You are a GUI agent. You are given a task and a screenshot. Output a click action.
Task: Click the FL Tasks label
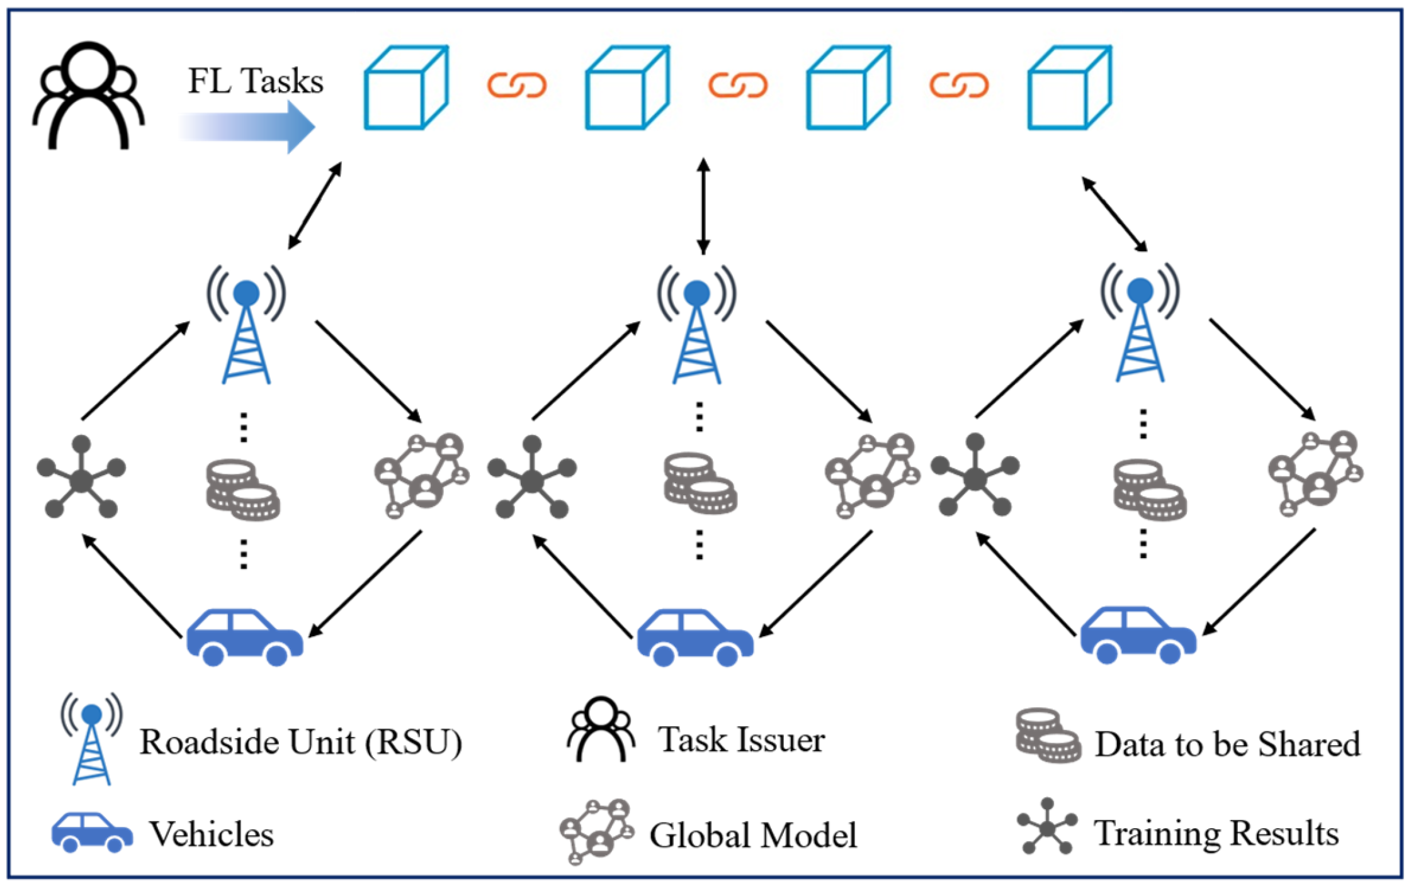pyautogui.click(x=256, y=81)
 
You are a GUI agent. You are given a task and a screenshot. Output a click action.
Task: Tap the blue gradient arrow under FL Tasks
pyautogui.click(x=249, y=126)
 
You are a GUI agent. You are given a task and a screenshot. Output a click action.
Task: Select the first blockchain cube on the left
pyautogui.click(x=406, y=87)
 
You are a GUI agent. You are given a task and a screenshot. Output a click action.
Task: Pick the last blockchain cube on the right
pyautogui.click(x=1069, y=87)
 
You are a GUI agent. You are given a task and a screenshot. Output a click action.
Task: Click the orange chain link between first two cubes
pyautogui.click(x=516, y=85)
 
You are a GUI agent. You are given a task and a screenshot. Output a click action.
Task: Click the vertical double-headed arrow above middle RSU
pyautogui.click(x=703, y=206)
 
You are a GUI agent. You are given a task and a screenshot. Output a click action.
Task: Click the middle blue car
pyautogui.click(x=695, y=637)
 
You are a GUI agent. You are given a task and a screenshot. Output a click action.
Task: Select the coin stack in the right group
pyautogui.click(x=1150, y=490)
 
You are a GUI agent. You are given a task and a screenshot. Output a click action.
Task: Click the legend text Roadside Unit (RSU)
pyautogui.click(x=301, y=742)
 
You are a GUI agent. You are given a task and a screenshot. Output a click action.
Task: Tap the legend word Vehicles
pyautogui.click(x=211, y=834)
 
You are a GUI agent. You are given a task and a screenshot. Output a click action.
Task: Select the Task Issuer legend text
pyautogui.click(x=741, y=739)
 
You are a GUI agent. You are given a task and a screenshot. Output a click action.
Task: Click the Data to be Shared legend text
pyautogui.click(x=1227, y=744)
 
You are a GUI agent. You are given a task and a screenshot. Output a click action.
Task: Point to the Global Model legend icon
pyautogui.click(x=596, y=832)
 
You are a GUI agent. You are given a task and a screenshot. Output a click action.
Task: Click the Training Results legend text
pyautogui.click(x=1216, y=833)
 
